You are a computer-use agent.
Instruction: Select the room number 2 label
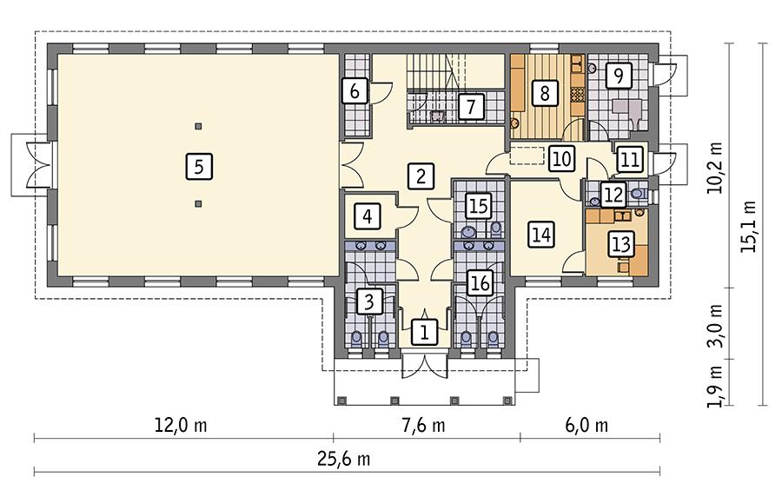[x=421, y=176]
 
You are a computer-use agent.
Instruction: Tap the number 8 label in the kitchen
[x=545, y=92]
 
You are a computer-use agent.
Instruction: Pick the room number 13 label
[x=620, y=245]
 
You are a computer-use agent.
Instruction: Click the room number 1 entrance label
[x=424, y=330]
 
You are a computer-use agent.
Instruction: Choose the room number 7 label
[x=469, y=107]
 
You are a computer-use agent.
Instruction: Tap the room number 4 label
[x=368, y=215]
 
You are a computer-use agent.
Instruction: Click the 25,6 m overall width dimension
[x=346, y=459]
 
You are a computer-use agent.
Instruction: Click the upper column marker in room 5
[x=199, y=126]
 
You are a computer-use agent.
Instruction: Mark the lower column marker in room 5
[x=199, y=204]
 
